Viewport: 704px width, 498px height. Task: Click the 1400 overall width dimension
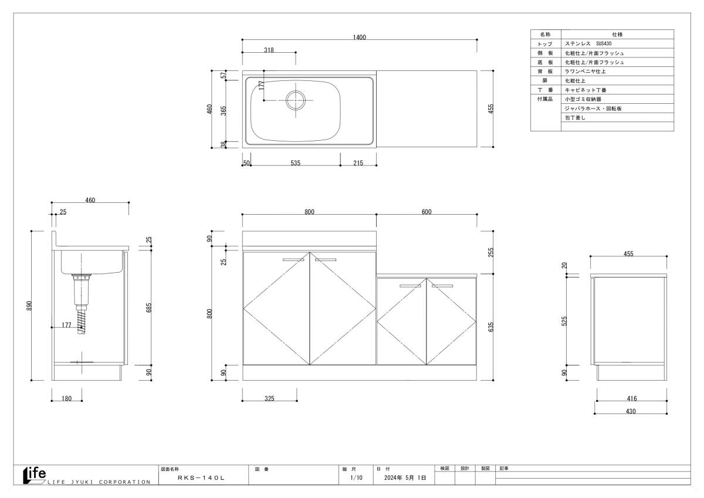[x=359, y=38]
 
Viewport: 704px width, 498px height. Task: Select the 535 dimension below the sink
[x=296, y=163]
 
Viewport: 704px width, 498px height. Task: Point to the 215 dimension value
[x=358, y=163]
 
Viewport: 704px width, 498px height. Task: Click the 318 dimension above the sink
[x=269, y=50]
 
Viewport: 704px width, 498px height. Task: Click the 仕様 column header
[x=617, y=34]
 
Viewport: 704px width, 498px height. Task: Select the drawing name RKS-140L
[x=201, y=478]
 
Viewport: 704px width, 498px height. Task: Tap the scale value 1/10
[x=356, y=477]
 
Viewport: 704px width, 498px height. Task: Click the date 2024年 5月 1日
[x=405, y=477]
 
